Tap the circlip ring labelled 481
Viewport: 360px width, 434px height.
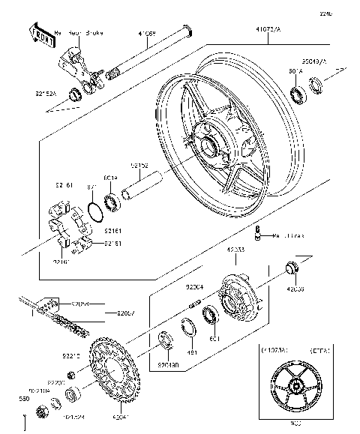[x=188, y=328]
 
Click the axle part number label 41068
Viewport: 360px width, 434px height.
[x=148, y=34]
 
